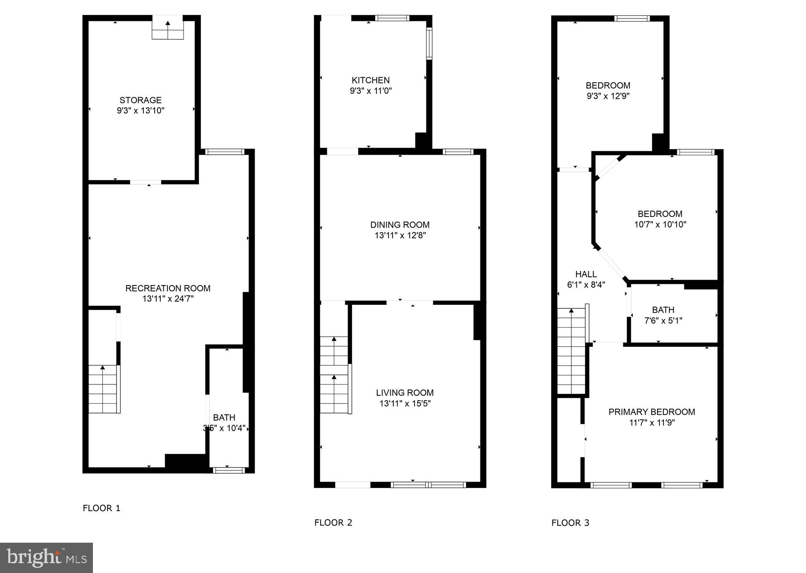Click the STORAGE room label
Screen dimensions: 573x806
tap(141, 100)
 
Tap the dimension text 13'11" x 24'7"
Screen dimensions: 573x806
tap(168, 299)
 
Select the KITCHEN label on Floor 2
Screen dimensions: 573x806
tap(371, 80)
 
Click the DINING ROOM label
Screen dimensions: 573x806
tap(400, 225)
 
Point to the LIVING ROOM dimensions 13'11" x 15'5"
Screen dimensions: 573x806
tap(405, 403)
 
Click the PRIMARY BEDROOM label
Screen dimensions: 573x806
tap(652, 412)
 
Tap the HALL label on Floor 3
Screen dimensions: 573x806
tap(586, 274)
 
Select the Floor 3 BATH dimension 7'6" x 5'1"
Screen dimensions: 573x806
tap(663, 321)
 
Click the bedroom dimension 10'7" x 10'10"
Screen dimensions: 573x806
tap(660, 224)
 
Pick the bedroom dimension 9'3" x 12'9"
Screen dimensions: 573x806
tap(608, 96)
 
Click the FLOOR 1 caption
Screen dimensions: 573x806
tap(101, 508)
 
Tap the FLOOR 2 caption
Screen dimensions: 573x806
tap(333, 523)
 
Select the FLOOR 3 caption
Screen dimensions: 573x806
tap(570, 523)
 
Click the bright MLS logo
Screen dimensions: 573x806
tap(46, 557)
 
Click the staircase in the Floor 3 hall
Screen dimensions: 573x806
tap(571, 350)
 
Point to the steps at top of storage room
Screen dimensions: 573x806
tap(168, 28)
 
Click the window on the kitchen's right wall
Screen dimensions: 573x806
tap(429, 43)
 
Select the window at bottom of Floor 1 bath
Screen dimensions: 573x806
tap(229, 470)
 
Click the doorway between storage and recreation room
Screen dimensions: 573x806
tap(146, 182)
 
